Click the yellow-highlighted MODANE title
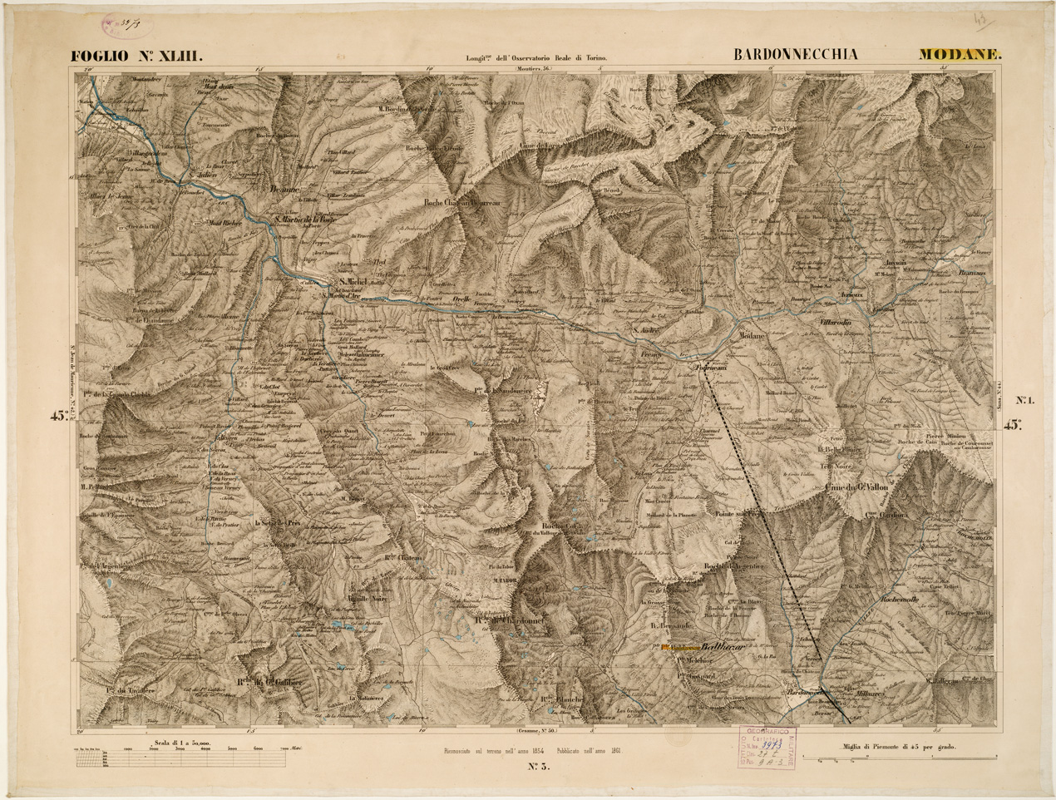[960, 55]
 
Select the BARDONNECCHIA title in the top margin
[796, 55]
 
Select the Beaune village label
[284, 190]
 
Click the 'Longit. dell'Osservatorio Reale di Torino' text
[536, 59]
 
